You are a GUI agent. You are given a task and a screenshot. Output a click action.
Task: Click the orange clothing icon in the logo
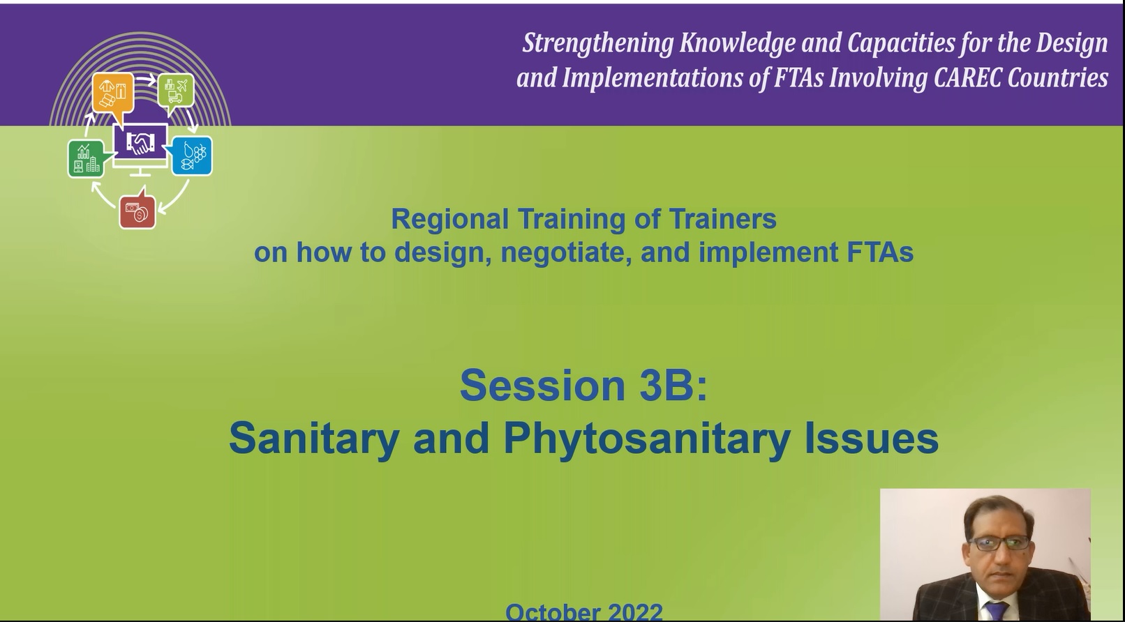click(x=113, y=93)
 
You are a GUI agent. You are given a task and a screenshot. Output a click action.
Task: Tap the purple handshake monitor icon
click(x=140, y=143)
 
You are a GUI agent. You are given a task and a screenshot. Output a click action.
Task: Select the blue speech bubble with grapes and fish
click(x=192, y=155)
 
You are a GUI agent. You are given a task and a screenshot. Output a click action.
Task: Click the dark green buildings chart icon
click(x=86, y=158)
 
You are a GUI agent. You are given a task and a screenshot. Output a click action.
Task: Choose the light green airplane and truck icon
click(x=176, y=91)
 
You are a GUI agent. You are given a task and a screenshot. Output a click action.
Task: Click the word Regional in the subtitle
click(x=449, y=219)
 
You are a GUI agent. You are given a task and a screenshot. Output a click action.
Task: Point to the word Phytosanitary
click(x=646, y=439)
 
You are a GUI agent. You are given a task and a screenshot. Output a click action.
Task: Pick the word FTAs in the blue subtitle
click(x=879, y=252)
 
